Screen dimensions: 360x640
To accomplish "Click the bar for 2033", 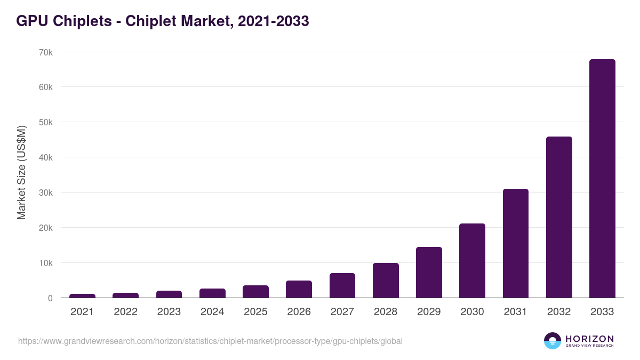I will pyautogui.click(x=602, y=179).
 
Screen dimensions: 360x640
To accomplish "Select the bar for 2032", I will pyautogui.click(x=559, y=217).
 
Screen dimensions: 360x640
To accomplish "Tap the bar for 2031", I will pyautogui.click(x=515, y=243).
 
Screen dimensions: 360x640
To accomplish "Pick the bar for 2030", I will pyautogui.click(x=472, y=261).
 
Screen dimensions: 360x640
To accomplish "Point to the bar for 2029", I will pyautogui.click(x=429, y=273).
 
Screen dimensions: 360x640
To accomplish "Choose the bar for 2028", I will pyautogui.click(x=386, y=281).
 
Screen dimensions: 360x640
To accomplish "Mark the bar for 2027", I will pyautogui.click(x=342, y=285).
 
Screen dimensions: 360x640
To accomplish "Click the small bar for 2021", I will pyautogui.click(x=82, y=296).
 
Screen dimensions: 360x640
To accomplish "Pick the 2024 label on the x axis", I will pyautogui.click(x=212, y=312).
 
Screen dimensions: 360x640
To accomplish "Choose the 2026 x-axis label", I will pyautogui.click(x=299, y=312).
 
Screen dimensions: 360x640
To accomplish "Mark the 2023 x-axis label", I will pyautogui.click(x=169, y=312).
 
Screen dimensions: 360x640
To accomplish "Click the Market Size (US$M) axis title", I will pyautogui.click(x=21, y=173).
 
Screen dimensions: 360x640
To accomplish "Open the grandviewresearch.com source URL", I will pyautogui.click(x=210, y=341).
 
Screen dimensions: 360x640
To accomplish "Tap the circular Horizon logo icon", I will pyautogui.click(x=553, y=341).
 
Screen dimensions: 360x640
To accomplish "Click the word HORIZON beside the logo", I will pyautogui.click(x=589, y=338).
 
